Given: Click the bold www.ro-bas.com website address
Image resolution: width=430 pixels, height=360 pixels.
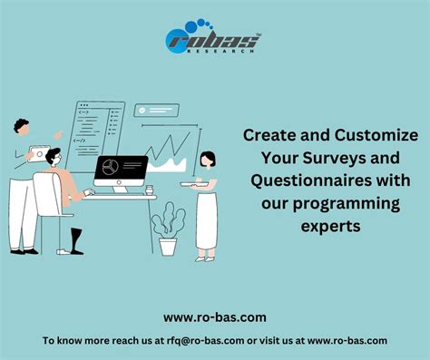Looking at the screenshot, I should click(214, 317).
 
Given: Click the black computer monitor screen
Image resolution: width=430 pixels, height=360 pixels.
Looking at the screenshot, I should click(120, 170).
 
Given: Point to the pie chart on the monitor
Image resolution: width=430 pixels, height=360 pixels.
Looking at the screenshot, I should click(110, 168).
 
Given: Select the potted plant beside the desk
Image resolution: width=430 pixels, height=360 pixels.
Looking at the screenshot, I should click(166, 232).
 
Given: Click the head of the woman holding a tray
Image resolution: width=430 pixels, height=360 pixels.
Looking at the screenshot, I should click(208, 160).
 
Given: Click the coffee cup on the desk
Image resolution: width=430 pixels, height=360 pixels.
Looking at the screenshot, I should click(150, 191).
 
